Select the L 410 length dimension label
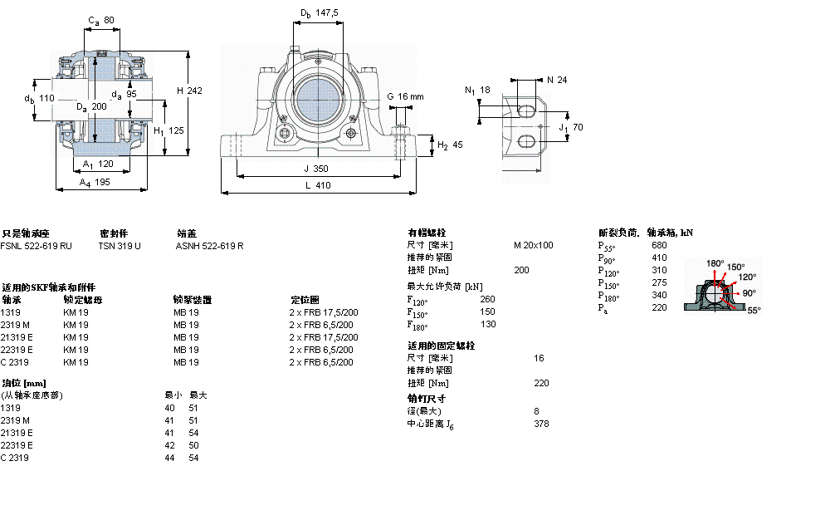tap(317, 186)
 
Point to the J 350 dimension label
tap(317, 169)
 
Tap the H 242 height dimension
tap(189, 91)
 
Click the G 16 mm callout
tap(405, 97)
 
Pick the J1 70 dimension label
tap(572, 128)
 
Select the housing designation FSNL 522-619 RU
tap(36, 246)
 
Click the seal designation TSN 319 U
tap(119, 246)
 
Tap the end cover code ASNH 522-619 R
tap(209, 246)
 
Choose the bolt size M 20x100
tap(533, 245)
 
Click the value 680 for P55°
tap(659, 245)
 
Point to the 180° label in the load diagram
tap(715, 263)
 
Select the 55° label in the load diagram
tap(754, 310)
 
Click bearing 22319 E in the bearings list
tap(17, 350)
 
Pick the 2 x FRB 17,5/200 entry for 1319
tap(323, 312)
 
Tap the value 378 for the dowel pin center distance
tap(541, 424)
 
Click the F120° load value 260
tap(487, 299)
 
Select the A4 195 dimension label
tap(95, 182)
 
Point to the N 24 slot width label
tap(556, 80)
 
